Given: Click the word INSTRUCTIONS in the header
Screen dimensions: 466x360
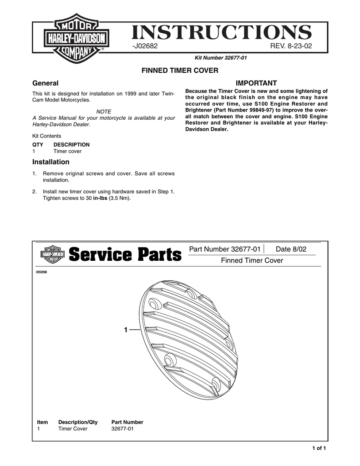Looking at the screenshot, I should pos(222,33).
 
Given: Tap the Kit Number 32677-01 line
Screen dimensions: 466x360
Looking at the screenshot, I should pos(221,58).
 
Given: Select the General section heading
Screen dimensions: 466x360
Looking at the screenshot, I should pos(45,83).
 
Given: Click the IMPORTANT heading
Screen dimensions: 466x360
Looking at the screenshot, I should pos(256,83).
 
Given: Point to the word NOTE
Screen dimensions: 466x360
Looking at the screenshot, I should pos(104,111).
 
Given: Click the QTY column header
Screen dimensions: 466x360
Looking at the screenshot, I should pos(37,145).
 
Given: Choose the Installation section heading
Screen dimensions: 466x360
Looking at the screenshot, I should pos(51,162).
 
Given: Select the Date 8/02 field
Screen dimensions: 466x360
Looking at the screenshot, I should pos(291,249).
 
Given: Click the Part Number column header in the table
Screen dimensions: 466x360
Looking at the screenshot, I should pos(127,422).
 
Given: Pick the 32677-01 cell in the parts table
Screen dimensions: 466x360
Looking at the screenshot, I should pos(122,429).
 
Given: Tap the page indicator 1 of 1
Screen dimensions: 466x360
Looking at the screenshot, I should pos(319,448).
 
